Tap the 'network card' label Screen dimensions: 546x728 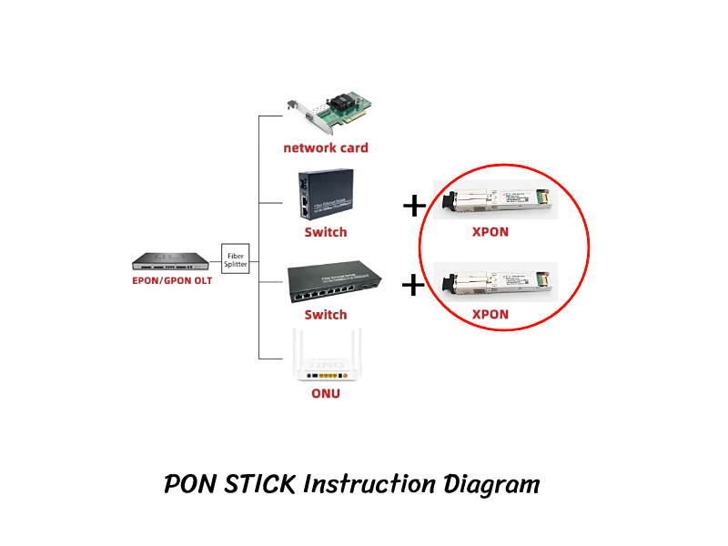point(326,147)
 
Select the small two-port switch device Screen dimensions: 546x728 point(325,197)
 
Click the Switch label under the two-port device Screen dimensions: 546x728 point(325,232)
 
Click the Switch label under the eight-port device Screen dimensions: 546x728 point(325,315)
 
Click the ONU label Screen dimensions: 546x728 point(326,394)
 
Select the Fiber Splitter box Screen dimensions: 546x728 point(236,259)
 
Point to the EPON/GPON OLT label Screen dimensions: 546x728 point(171,280)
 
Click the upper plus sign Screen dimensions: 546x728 point(414,206)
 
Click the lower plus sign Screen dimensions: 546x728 point(414,286)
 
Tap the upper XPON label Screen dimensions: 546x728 point(490,231)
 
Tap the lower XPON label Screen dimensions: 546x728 point(490,315)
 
